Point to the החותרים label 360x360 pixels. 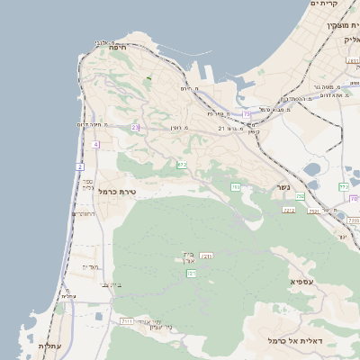coord(86,214)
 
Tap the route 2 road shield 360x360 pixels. coord(80,166)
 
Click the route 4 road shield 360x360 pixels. coord(95,144)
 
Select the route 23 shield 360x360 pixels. coord(135,128)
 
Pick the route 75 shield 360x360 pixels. coord(247,113)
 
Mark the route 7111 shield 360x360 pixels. coord(126,320)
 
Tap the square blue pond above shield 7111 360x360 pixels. coord(98,316)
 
